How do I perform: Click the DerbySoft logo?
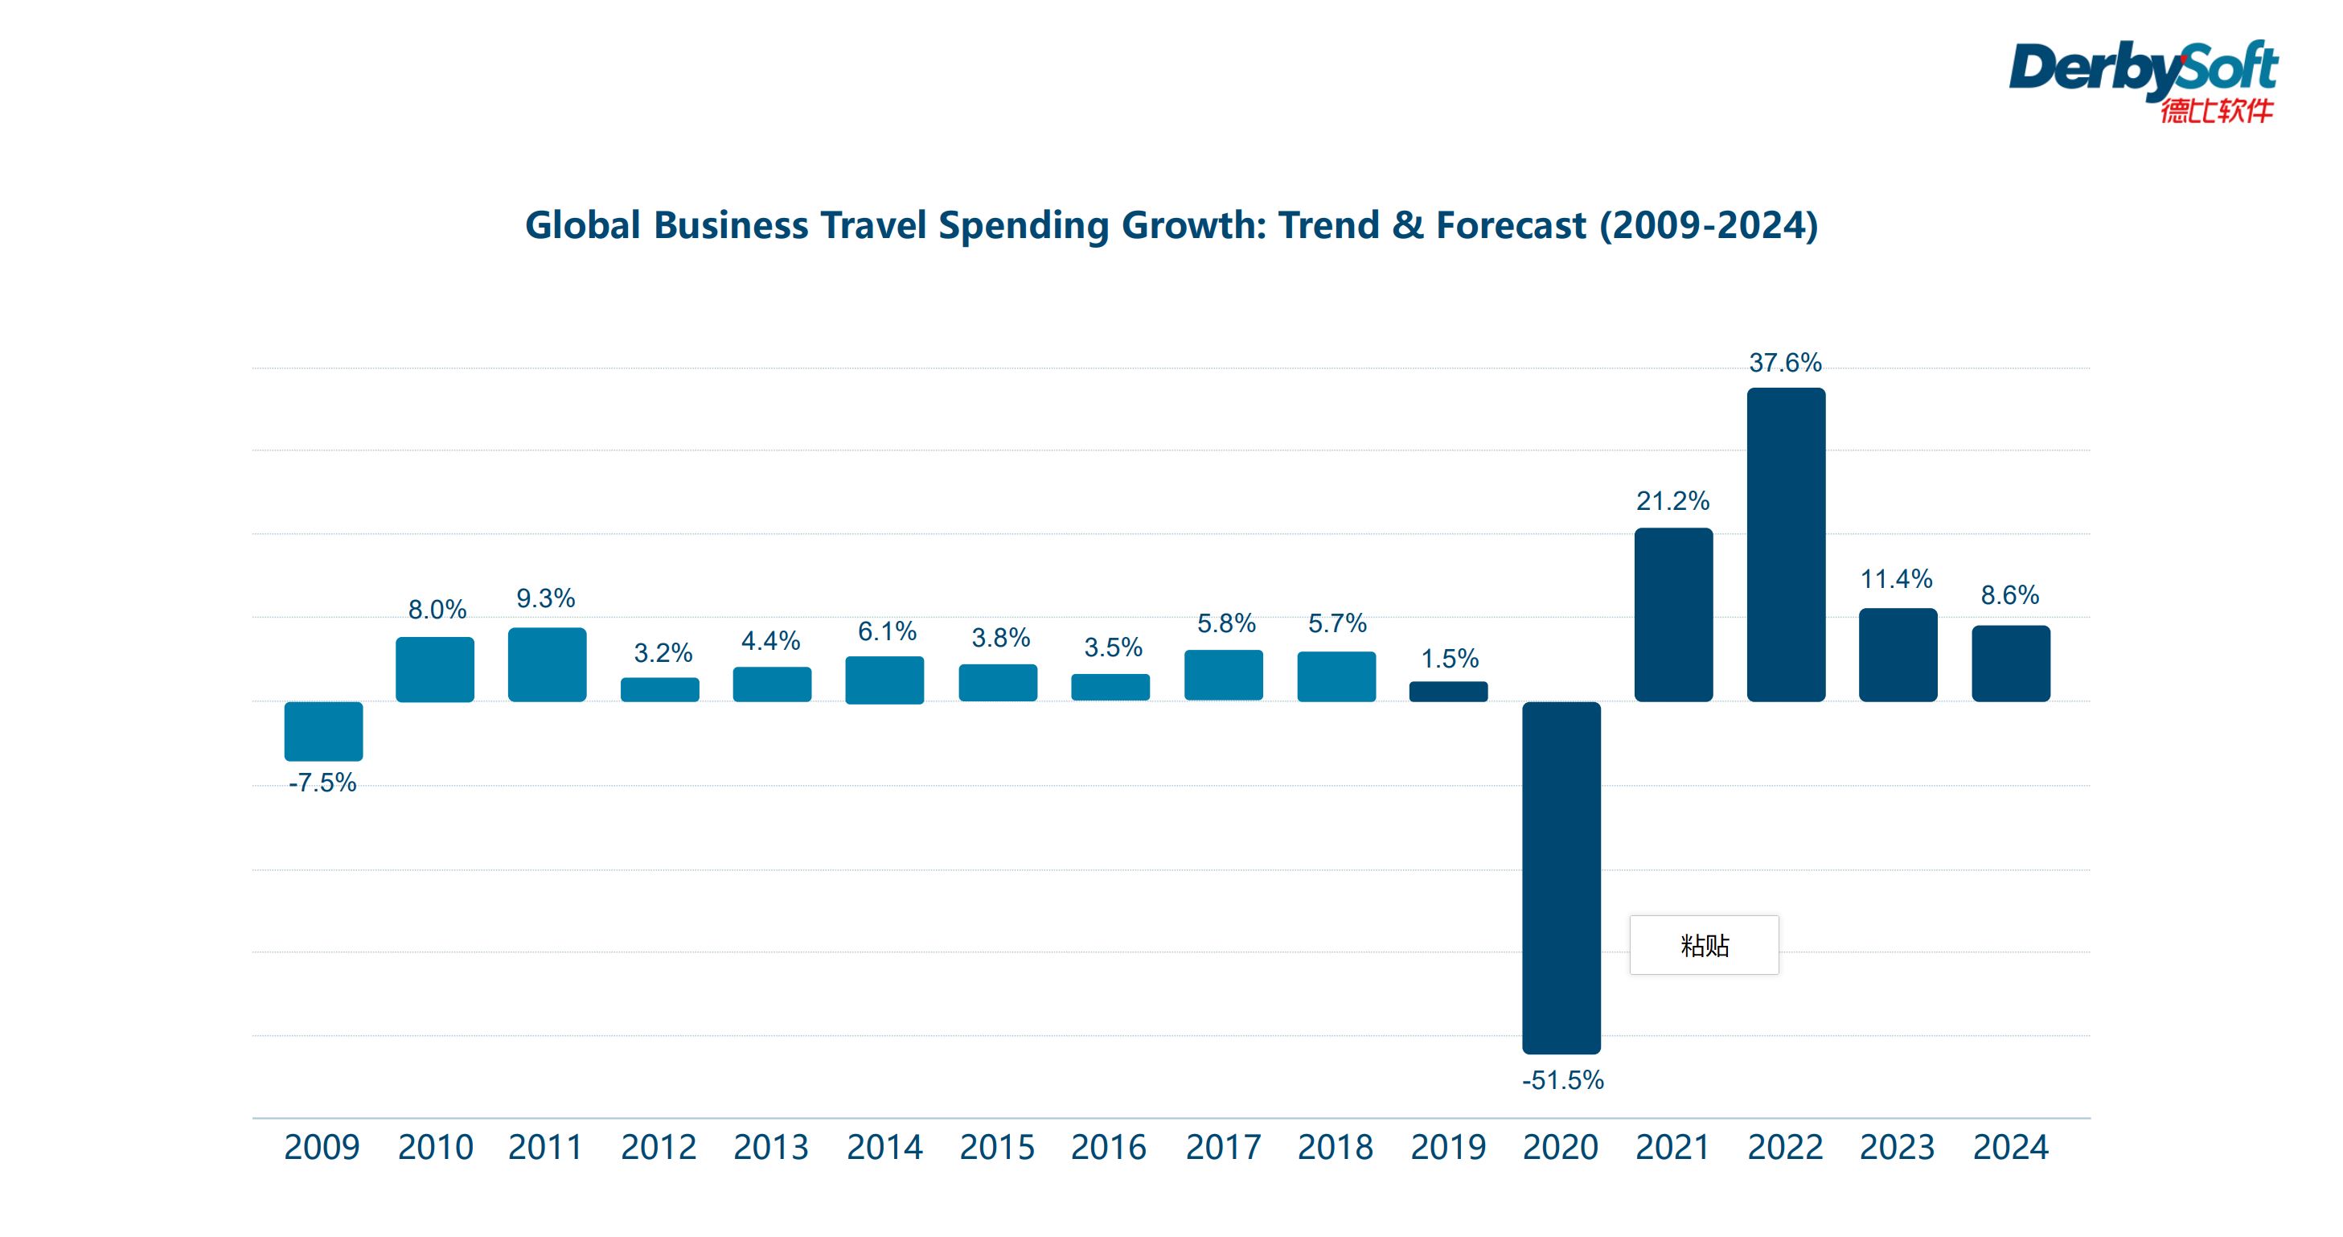pos(2142,80)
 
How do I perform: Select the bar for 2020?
pos(1561,877)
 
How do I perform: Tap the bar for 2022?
pos(1786,544)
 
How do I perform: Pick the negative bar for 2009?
pos(323,730)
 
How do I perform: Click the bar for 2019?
pos(1448,691)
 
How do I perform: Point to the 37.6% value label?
pos(1784,363)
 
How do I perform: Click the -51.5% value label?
pos(1561,1079)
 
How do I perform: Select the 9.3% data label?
pos(546,598)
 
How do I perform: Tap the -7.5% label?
pos(322,783)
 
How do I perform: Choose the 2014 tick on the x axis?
pos(884,1147)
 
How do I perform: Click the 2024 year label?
pos(2010,1147)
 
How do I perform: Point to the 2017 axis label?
pos(1222,1147)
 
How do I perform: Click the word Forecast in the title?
pos(1511,224)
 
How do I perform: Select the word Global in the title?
pos(583,224)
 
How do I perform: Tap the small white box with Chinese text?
pos(1704,945)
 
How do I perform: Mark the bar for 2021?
pos(1672,614)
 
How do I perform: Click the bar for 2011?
pos(547,664)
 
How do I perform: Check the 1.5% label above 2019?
pos(1449,659)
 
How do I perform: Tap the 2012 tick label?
pos(659,1147)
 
